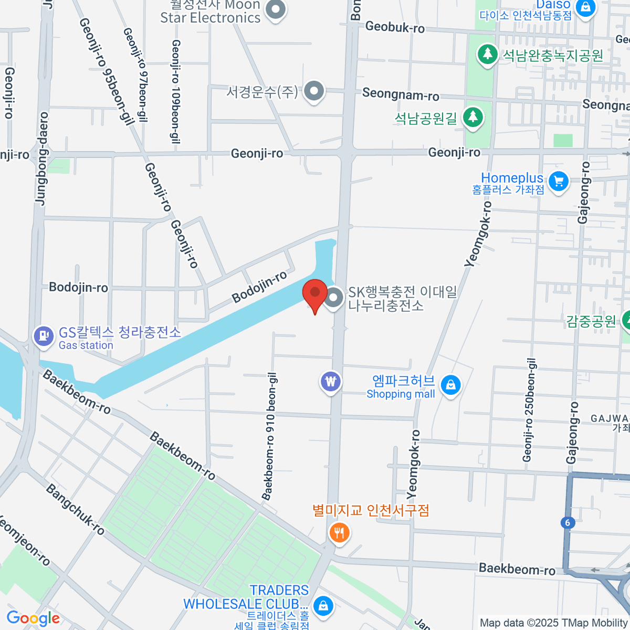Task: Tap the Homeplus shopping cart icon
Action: pyautogui.click(x=558, y=182)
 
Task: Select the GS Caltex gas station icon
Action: pyautogui.click(x=44, y=336)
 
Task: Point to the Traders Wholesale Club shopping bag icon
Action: pyautogui.click(x=323, y=605)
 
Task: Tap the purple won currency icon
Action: pyautogui.click(x=330, y=382)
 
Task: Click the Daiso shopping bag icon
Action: pyautogui.click(x=585, y=7)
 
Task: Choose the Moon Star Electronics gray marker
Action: pyautogui.click(x=275, y=9)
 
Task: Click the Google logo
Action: pyautogui.click(x=34, y=618)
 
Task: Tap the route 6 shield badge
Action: pyautogui.click(x=568, y=522)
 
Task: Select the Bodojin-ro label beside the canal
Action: pyautogui.click(x=259, y=287)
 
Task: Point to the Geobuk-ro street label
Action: pyautogui.click(x=395, y=27)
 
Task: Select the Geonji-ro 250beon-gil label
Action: pyautogui.click(x=529, y=410)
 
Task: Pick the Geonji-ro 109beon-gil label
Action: pyautogui.click(x=176, y=92)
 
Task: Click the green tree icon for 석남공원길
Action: pyautogui.click(x=473, y=118)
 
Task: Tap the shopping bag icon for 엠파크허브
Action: pyautogui.click(x=450, y=385)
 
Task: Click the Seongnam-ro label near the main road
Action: pyautogui.click(x=401, y=94)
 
